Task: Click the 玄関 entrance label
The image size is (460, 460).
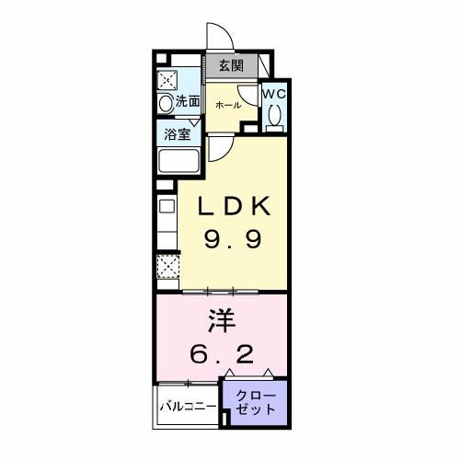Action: coord(231,66)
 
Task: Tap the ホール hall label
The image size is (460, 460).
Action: coord(228,106)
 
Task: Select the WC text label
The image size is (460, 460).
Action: coord(274,94)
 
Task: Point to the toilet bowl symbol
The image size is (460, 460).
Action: coord(274,115)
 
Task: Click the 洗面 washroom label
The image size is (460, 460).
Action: coord(188,102)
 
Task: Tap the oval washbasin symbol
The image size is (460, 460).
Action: coord(167,104)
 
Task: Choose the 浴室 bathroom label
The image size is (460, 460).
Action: coord(178,133)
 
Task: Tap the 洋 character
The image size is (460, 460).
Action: coord(221,321)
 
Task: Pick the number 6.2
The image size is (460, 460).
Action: coord(221,353)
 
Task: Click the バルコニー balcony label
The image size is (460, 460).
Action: coord(188,406)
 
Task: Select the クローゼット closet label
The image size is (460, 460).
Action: coord(255,402)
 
